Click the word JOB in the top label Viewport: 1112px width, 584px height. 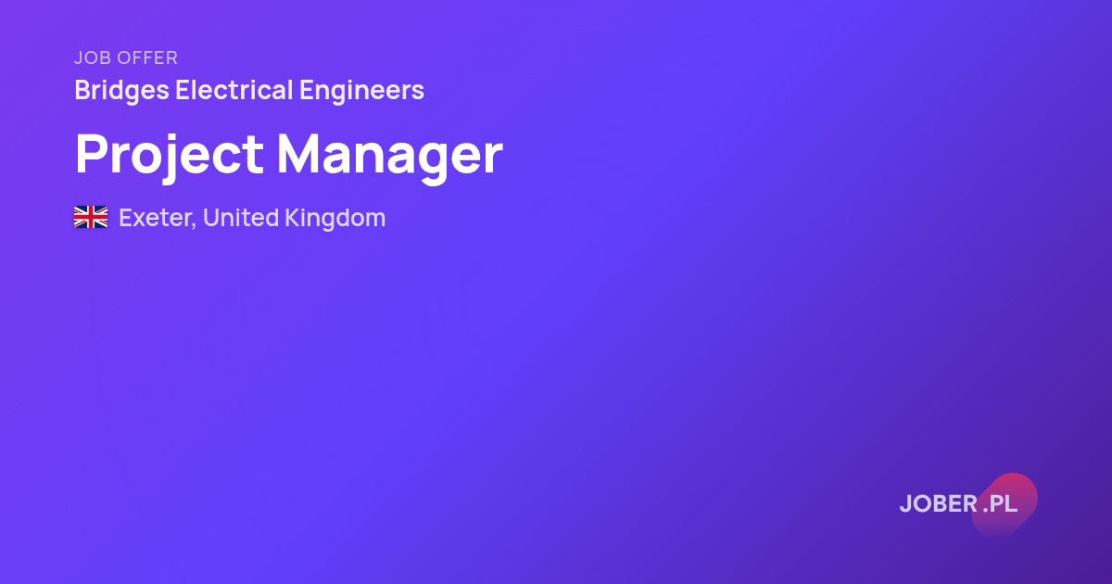(x=93, y=58)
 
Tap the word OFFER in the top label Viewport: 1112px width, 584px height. (x=147, y=58)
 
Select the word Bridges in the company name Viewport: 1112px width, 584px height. (x=122, y=92)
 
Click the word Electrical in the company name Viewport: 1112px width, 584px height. (x=234, y=90)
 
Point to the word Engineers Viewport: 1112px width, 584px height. (x=361, y=92)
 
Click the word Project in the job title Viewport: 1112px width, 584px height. (x=170, y=155)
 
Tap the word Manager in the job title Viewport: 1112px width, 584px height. (x=390, y=157)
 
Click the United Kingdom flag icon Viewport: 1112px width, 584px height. (x=91, y=217)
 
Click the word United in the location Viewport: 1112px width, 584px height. (x=241, y=218)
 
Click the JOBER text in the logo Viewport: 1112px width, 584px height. (x=939, y=503)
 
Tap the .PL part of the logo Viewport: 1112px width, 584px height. (x=1000, y=503)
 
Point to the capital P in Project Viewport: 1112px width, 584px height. (x=93, y=154)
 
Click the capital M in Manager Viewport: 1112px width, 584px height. (x=298, y=154)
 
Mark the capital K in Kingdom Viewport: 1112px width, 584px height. (x=293, y=218)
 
